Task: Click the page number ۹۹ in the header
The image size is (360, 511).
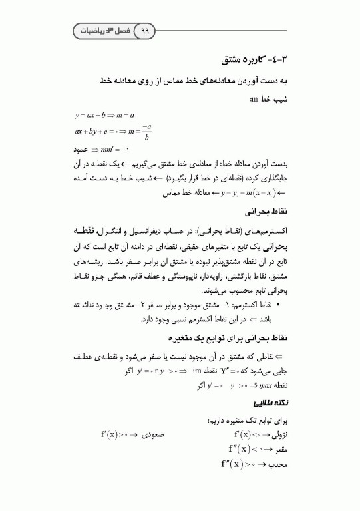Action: pyautogui.click(x=145, y=31)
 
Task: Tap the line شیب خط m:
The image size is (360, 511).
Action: pyautogui.click(x=268, y=99)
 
